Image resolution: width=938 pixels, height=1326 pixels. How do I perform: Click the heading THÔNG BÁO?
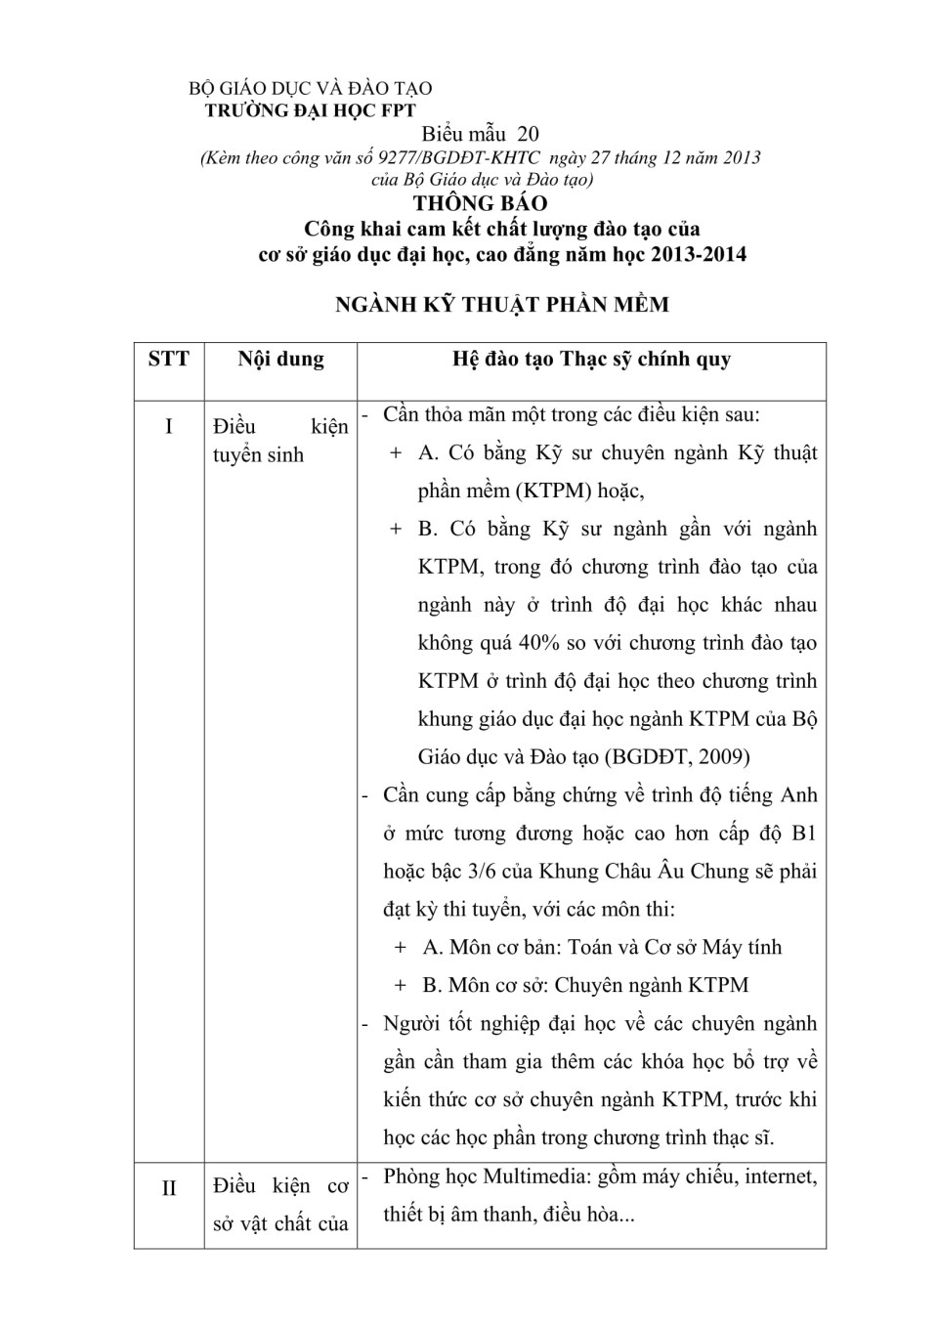tap(480, 203)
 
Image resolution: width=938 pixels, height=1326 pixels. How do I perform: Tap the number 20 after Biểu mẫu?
tap(528, 134)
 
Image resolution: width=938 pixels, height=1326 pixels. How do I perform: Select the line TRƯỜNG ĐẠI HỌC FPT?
tap(310, 110)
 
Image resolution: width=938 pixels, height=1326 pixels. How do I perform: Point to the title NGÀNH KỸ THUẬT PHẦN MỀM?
tap(501, 304)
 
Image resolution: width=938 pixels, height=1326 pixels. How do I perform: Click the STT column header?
tap(168, 359)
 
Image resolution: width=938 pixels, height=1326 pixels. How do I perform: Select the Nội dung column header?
tap(280, 359)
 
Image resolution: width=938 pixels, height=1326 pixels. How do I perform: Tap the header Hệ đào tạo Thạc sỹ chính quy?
tap(591, 359)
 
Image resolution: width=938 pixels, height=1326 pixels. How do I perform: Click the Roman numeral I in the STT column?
tap(168, 426)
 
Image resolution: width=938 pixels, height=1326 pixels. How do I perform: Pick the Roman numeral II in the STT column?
tap(168, 1187)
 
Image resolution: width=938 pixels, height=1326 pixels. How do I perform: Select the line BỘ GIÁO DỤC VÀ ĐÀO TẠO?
tap(310, 89)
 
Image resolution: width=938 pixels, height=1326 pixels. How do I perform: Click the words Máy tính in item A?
tap(742, 947)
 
